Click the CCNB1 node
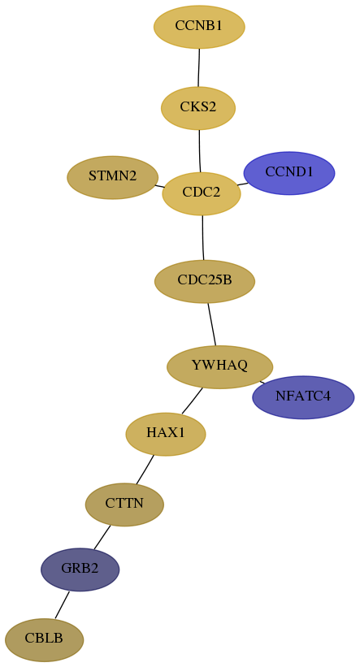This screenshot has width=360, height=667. coord(199,27)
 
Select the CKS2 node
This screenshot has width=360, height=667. coord(198,108)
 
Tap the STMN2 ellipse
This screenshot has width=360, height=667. coord(113,177)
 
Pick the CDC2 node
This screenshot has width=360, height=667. coord(202,193)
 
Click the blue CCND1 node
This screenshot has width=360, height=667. coord(289,173)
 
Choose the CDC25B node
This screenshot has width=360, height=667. coord(205,282)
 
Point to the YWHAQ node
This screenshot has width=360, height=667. coord(219,366)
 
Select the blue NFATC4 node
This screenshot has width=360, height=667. coord(303,397)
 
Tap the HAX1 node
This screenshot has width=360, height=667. coord(166,435)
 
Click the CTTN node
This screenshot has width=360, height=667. coord(124,505)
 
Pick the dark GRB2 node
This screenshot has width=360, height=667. coord(80,570)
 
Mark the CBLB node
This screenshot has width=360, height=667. coord(44,639)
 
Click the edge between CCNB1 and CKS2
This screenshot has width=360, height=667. coord(199,67)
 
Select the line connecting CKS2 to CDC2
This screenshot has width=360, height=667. coord(200,151)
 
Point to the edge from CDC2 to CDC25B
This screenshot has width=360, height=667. coord(203,238)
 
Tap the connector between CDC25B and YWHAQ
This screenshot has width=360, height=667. coord(211,324)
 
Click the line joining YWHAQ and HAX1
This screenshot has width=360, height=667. coord(192,401)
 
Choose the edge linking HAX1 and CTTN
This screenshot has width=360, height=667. coord(145,470)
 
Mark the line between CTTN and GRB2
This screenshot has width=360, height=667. coord(102,537)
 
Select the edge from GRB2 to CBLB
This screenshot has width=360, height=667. coord(62,604)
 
